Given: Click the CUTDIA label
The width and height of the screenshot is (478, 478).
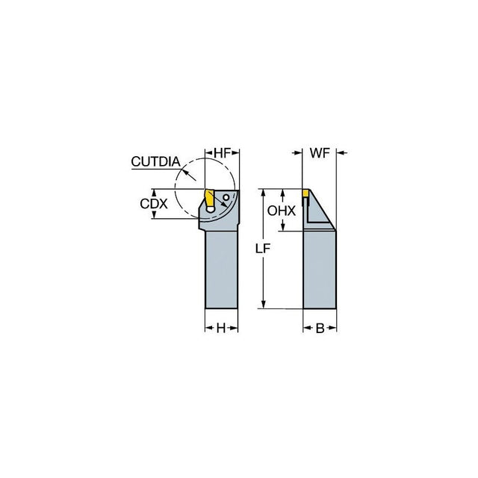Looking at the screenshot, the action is pos(156,161).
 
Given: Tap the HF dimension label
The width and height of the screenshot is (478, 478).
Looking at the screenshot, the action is pos(223,153).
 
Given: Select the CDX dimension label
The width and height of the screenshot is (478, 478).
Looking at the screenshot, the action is pos(154,204).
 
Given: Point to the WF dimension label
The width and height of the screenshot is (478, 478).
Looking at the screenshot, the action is pos(320,152).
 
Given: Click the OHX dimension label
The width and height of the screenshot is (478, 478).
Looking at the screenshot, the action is pos(282,211).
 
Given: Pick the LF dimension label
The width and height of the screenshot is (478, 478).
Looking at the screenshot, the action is pos(263,249).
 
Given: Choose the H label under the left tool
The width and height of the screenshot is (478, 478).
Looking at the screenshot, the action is pos(221,329).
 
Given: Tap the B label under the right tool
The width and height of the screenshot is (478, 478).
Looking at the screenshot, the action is pos(320,329).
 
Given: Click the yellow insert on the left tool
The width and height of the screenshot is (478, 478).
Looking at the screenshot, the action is pos(209,198).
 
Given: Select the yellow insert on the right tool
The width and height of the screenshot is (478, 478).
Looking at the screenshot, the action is pos(305,193).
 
